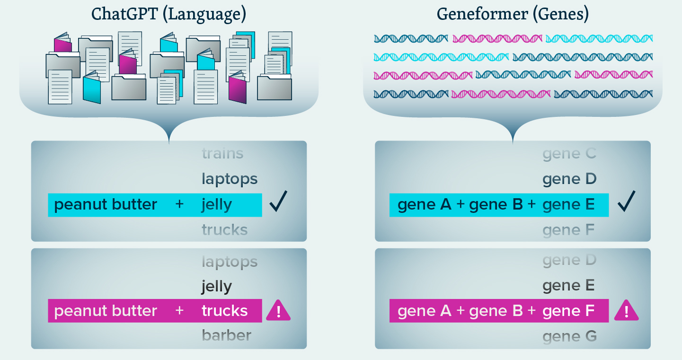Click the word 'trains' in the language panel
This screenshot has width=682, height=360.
click(222, 154)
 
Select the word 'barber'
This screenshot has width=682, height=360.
click(226, 335)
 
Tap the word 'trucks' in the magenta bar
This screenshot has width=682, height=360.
click(224, 311)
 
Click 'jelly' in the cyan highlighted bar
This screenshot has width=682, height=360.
click(216, 205)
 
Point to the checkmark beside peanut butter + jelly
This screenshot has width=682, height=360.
click(278, 203)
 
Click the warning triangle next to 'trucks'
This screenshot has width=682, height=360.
click(278, 311)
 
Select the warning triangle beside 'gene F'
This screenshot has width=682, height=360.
click(626, 311)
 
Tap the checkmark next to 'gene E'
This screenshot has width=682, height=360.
click(626, 203)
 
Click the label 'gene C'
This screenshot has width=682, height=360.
click(569, 154)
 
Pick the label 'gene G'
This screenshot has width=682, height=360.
click(569, 336)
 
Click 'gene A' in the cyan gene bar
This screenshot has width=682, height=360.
click(425, 205)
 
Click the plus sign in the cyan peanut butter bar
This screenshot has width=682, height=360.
click(179, 205)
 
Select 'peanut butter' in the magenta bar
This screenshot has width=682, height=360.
click(106, 311)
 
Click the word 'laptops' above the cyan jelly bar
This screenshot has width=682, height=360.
click(230, 179)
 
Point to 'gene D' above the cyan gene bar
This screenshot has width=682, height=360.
click(569, 179)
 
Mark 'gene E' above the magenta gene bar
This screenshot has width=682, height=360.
click(569, 286)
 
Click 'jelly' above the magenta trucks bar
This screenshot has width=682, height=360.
click(216, 286)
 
